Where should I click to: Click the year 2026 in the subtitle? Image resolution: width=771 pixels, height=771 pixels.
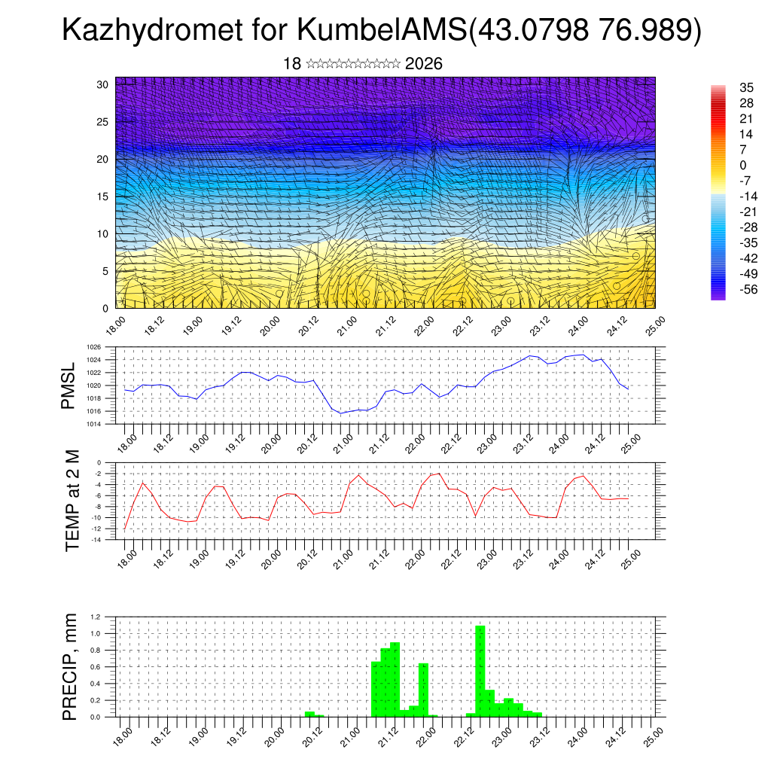[423, 64]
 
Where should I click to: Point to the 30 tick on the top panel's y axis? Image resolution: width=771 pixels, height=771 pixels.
[103, 84]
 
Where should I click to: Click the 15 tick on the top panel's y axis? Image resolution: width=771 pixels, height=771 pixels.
[103, 197]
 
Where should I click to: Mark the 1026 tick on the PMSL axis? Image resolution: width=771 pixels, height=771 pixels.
[93, 348]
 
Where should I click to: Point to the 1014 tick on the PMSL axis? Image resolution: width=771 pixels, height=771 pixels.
[93, 424]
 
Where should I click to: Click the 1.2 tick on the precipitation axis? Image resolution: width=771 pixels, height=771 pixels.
[96, 617]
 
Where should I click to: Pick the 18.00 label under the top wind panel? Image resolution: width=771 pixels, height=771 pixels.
[114, 325]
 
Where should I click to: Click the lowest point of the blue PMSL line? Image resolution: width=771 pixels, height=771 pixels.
[340, 413]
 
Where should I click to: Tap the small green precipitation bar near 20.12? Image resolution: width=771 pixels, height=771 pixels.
[309, 714]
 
